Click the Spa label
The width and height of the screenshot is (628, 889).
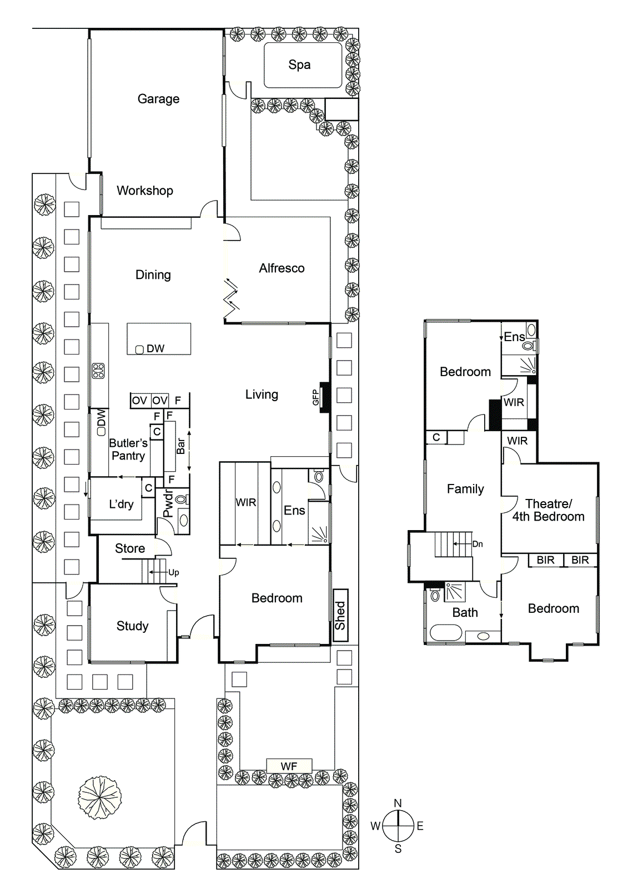click(299, 65)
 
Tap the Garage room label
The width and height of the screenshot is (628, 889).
click(158, 99)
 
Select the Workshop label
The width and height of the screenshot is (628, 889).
click(144, 191)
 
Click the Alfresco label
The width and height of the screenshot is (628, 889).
click(282, 268)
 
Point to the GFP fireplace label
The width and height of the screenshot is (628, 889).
click(315, 397)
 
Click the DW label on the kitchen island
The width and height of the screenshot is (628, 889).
click(155, 349)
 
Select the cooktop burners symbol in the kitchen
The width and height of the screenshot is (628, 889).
click(98, 371)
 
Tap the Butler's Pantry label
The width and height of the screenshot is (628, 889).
click(128, 450)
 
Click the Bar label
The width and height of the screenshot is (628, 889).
click(181, 446)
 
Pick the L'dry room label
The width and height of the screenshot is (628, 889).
click(121, 505)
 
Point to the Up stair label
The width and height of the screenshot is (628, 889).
click(174, 572)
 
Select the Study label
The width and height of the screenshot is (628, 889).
click(132, 626)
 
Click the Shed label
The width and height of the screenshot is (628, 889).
click(340, 616)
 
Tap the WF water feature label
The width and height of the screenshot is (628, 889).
click(289, 766)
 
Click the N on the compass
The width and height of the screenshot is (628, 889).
click(398, 803)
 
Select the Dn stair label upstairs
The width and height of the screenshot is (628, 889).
click(478, 544)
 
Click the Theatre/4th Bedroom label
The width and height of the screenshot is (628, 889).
click(548, 510)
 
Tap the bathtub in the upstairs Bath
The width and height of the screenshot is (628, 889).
click(446, 633)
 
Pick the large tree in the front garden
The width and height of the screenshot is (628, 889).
click(99, 797)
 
